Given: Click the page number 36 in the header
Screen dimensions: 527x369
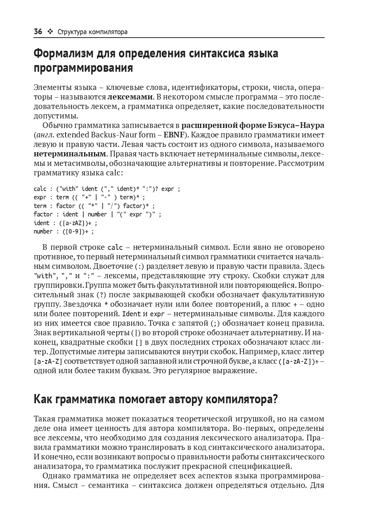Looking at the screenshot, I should pyautogui.click(x=38, y=32).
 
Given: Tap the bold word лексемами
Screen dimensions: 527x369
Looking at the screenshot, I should pyautogui.click(x=130, y=97).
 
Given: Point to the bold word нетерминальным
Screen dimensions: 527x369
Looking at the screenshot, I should pyautogui.click(x=70, y=154).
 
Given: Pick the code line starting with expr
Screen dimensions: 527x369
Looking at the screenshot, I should pyautogui.click(x=89, y=197).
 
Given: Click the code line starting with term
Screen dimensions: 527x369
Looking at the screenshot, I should pyautogui.click(x=94, y=206).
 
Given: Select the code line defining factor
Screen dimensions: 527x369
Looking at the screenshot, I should pyautogui.click(x=97, y=214).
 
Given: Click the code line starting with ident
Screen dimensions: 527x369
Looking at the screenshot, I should pyautogui.click(x=65, y=223).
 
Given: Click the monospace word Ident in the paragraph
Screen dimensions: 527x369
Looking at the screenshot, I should pyautogui.click(x=131, y=314).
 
